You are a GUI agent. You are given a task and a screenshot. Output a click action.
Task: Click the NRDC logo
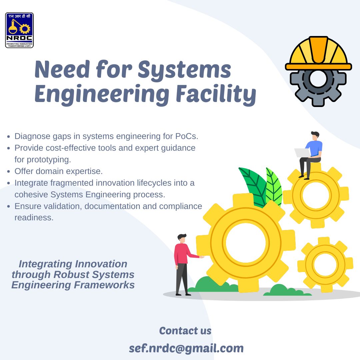(19, 30)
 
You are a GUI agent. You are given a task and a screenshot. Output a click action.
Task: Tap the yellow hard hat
(318, 53)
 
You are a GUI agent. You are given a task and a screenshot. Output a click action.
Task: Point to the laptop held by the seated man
(302, 153)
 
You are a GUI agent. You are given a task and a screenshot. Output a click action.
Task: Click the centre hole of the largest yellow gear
(246, 242)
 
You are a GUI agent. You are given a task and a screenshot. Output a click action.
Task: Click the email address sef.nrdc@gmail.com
(186, 348)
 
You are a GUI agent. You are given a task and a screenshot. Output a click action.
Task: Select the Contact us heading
(185, 331)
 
